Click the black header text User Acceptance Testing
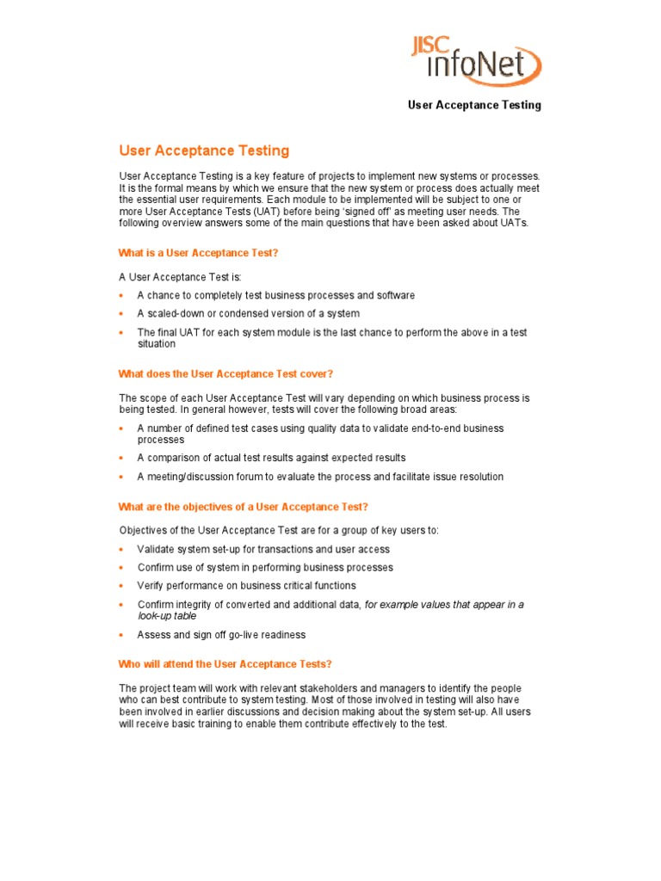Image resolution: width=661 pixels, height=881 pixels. pyautogui.click(x=474, y=105)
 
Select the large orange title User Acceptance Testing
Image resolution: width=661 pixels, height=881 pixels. pyautogui.click(x=204, y=151)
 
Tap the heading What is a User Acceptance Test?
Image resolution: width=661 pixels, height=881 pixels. pyautogui.click(x=198, y=253)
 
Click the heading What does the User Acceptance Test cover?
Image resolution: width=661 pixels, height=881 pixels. pyautogui.click(x=225, y=373)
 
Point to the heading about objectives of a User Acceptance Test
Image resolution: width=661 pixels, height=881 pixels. pyautogui.click(x=243, y=507)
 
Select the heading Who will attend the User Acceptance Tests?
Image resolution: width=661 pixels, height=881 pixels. pyautogui.click(x=225, y=664)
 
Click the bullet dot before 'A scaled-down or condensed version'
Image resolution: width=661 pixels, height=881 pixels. pyautogui.click(x=122, y=314)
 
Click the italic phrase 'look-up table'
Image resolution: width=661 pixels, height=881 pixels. pyautogui.click(x=167, y=616)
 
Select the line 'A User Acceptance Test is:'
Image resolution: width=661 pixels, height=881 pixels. pyautogui.click(x=181, y=277)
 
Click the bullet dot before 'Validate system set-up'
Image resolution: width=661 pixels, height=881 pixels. pyautogui.click(x=122, y=550)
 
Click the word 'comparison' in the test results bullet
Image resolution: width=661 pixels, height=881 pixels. pyautogui.click(x=173, y=458)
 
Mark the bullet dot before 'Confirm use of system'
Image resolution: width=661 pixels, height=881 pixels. pyautogui.click(x=122, y=568)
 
